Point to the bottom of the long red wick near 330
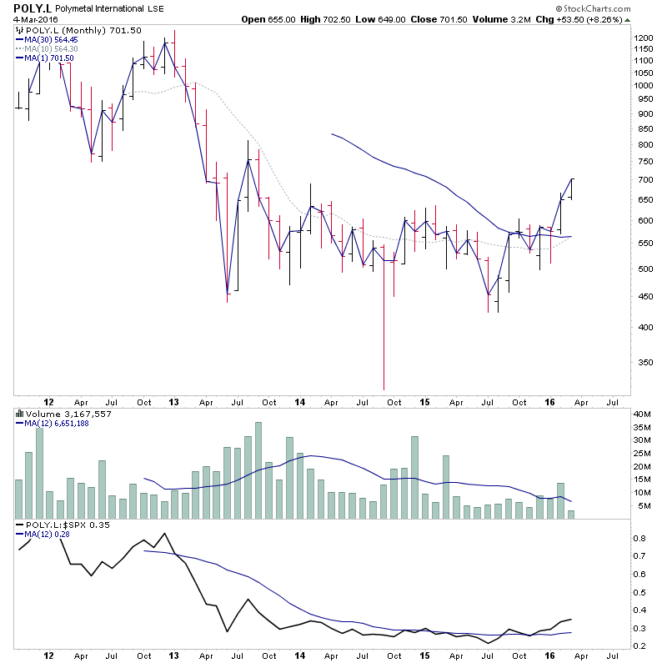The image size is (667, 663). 384,389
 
